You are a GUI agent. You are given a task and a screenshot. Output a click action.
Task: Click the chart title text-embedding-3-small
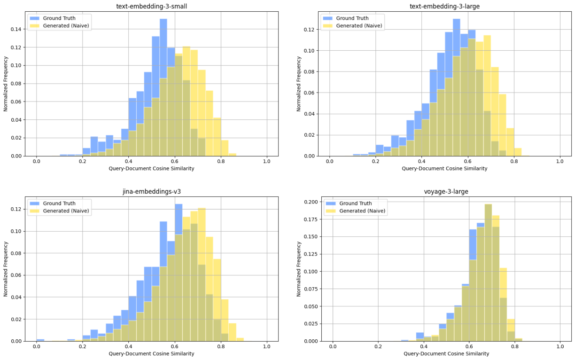pyautogui.click(x=152, y=6)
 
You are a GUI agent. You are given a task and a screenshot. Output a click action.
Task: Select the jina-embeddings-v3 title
pyautogui.click(x=152, y=192)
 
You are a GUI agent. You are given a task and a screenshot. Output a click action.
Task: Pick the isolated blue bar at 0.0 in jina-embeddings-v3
pyautogui.click(x=40, y=340)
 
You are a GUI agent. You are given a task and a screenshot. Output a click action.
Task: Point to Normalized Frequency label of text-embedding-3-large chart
pyautogui.click(x=299, y=83)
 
